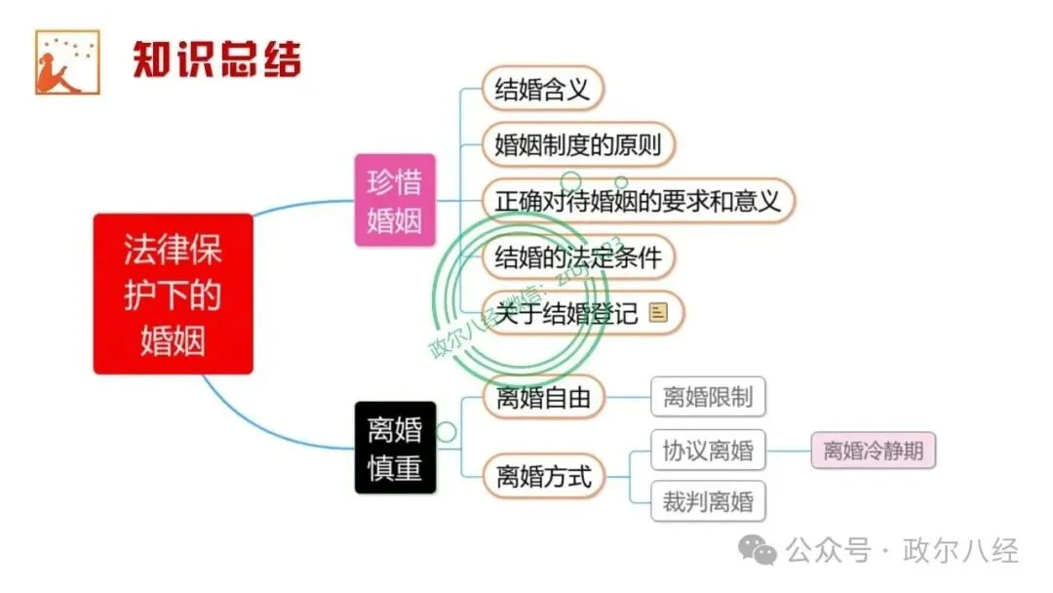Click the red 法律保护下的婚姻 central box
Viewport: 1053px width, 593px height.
tap(173, 294)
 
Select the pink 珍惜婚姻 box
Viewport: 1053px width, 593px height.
tap(395, 200)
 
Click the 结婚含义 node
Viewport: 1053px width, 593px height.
tap(543, 90)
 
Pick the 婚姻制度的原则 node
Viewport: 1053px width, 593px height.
tap(578, 145)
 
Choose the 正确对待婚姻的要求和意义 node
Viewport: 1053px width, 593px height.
tap(638, 201)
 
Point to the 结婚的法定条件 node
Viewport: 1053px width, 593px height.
tap(578, 257)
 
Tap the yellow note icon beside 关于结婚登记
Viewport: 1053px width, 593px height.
tap(659, 313)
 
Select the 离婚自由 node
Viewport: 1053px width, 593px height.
tap(543, 398)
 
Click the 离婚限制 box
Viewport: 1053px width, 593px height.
tap(708, 398)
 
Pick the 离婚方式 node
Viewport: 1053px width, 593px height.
tap(543, 477)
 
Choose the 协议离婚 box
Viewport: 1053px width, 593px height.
tap(708, 451)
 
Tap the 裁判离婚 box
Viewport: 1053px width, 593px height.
tap(708, 502)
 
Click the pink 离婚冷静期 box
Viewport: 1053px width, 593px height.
tap(873, 451)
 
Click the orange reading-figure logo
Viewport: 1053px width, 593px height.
tap(67, 62)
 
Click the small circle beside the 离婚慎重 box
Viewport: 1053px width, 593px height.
tap(446, 431)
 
